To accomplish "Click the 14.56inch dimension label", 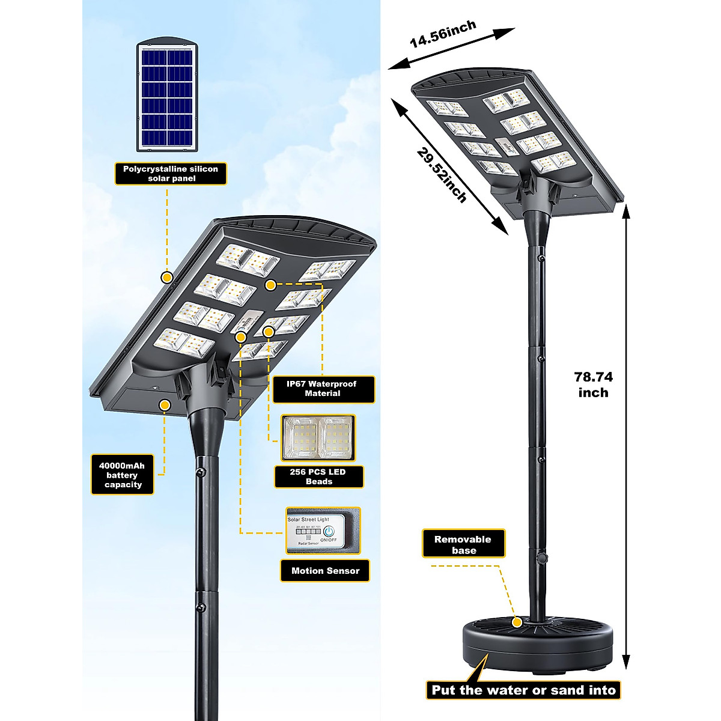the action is click(443, 35).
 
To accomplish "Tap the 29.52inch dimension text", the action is click(442, 175).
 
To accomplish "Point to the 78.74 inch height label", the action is click(593, 385).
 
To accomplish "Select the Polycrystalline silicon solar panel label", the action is click(171, 174).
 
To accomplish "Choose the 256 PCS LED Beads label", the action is click(318, 476).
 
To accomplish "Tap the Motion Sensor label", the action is click(325, 571).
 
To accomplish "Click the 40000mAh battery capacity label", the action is click(123, 475).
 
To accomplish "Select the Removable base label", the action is click(463, 544).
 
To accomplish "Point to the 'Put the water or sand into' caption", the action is click(523, 690).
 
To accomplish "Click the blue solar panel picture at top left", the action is click(168, 96).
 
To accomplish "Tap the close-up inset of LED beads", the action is click(318, 437).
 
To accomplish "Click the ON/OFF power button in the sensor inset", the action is click(329, 532).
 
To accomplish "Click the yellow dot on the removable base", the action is click(517, 623).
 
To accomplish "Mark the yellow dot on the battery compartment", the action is click(165, 406).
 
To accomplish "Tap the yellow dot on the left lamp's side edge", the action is click(167, 277).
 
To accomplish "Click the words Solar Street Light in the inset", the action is click(308, 519).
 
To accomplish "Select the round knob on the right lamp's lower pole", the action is click(541, 559).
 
